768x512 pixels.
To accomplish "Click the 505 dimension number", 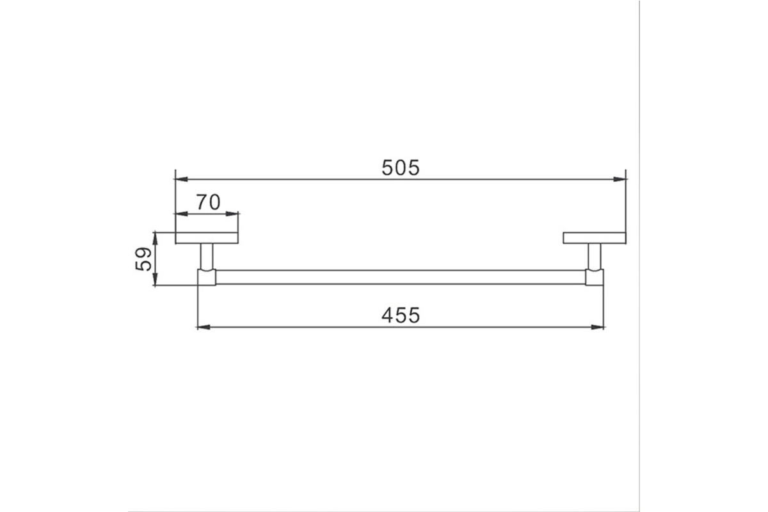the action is point(401,168).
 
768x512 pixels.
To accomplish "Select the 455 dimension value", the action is point(401,315).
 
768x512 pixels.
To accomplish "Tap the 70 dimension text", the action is point(208,202).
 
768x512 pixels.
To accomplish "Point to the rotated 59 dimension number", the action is point(143,259).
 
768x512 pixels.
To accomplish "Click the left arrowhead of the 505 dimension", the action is point(181,179).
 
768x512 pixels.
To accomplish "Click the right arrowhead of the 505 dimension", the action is point(620,179).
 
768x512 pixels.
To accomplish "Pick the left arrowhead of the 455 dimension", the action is point(204,327).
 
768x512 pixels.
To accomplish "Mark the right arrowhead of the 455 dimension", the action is point(597,327).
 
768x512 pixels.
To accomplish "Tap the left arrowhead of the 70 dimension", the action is point(181,214).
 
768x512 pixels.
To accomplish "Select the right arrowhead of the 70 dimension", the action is point(232,214).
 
